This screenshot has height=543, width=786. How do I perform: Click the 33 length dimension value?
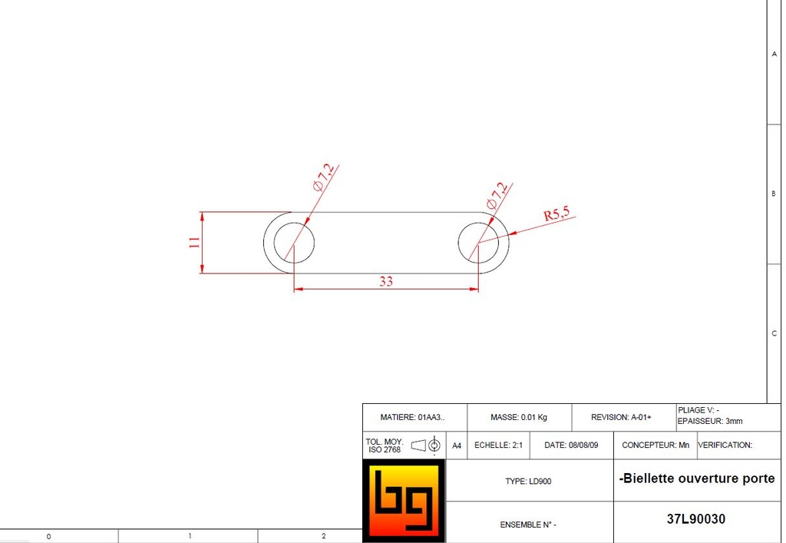(385, 282)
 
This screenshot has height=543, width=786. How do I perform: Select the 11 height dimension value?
(195, 242)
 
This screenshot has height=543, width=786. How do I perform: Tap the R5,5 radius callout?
(556, 215)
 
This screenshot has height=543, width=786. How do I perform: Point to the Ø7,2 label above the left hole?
(323, 179)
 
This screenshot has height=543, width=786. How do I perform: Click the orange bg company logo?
(404, 501)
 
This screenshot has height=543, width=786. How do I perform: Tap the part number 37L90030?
(696, 519)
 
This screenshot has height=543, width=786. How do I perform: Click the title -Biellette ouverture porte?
(697, 478)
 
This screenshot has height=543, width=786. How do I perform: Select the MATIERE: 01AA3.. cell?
(412, 418)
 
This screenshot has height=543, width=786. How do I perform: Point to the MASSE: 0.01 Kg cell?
(519, 418)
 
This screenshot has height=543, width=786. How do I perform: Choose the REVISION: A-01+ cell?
(621, 418)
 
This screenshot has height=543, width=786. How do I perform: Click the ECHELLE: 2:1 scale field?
(498, 445)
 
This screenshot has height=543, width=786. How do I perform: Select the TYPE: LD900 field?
(528, 482)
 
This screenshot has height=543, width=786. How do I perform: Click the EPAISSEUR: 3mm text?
(710, 421)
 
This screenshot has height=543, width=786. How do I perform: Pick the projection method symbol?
(425, 445)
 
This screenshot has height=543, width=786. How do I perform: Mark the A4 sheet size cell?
(457, 445)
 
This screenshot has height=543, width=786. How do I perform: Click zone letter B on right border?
(773, 194)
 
